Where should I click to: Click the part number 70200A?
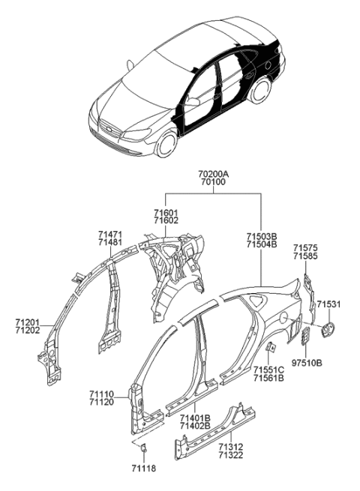tap(213, 174)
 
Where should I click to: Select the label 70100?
tap(213, 182)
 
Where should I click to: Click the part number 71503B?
tap(262, 235)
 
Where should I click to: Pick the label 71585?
tap(305, 256)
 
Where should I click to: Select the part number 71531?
tap(328, 304)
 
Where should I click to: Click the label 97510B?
tap(306, 362)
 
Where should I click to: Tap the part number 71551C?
tap(268, 369)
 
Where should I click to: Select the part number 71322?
tap(231, 455)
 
